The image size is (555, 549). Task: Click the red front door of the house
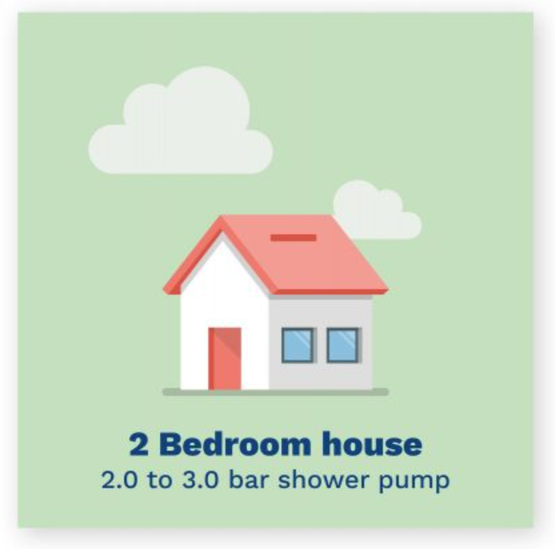click(x=225, y=358)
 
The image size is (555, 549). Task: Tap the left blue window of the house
click(x=298, y=345)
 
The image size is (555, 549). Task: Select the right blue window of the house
click(x=342, y=345)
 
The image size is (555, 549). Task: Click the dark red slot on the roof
click(x=294, y=238)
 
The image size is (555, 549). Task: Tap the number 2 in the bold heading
click(x=138, y=443)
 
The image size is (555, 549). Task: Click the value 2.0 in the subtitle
click(x=117, y=480)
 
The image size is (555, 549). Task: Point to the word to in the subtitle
click(x=157, y=480)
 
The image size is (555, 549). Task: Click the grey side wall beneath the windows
click(x=320, y=375)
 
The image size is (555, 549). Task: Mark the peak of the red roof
click(x=222, y=219)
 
